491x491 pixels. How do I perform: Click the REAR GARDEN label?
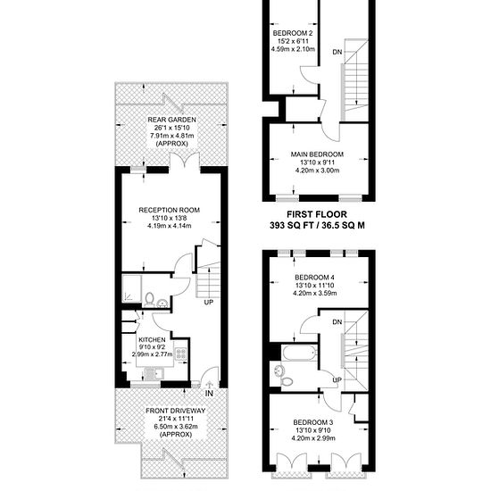coord(171,120)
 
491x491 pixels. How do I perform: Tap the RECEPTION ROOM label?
coord(169,210)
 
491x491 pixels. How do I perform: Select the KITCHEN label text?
coord(152,340)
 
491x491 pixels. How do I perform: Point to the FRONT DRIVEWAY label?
coord(175,411)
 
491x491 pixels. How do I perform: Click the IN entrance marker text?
coord(209,394)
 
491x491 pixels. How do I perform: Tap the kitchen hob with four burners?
coord(181,354)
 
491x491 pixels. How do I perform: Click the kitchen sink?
coord(154,373)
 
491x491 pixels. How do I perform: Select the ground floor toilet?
coord(150,299)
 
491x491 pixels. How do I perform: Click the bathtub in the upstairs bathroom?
coord(300,353)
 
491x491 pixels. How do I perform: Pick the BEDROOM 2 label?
coord(293,33)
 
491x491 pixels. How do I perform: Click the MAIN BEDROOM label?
coord(317,154)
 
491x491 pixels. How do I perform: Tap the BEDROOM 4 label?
coord(314,278)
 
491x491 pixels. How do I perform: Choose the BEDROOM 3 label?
coord(312,422)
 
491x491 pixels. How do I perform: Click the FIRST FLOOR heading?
coord(317,214)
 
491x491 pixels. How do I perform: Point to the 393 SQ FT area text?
coord(291,226)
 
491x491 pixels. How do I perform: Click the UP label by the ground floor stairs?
coord(209,303)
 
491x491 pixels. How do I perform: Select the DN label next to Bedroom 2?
coord(337,52)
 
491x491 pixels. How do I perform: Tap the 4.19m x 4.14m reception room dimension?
coord(169,226)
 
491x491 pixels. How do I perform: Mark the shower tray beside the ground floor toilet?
coord(131,288)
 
